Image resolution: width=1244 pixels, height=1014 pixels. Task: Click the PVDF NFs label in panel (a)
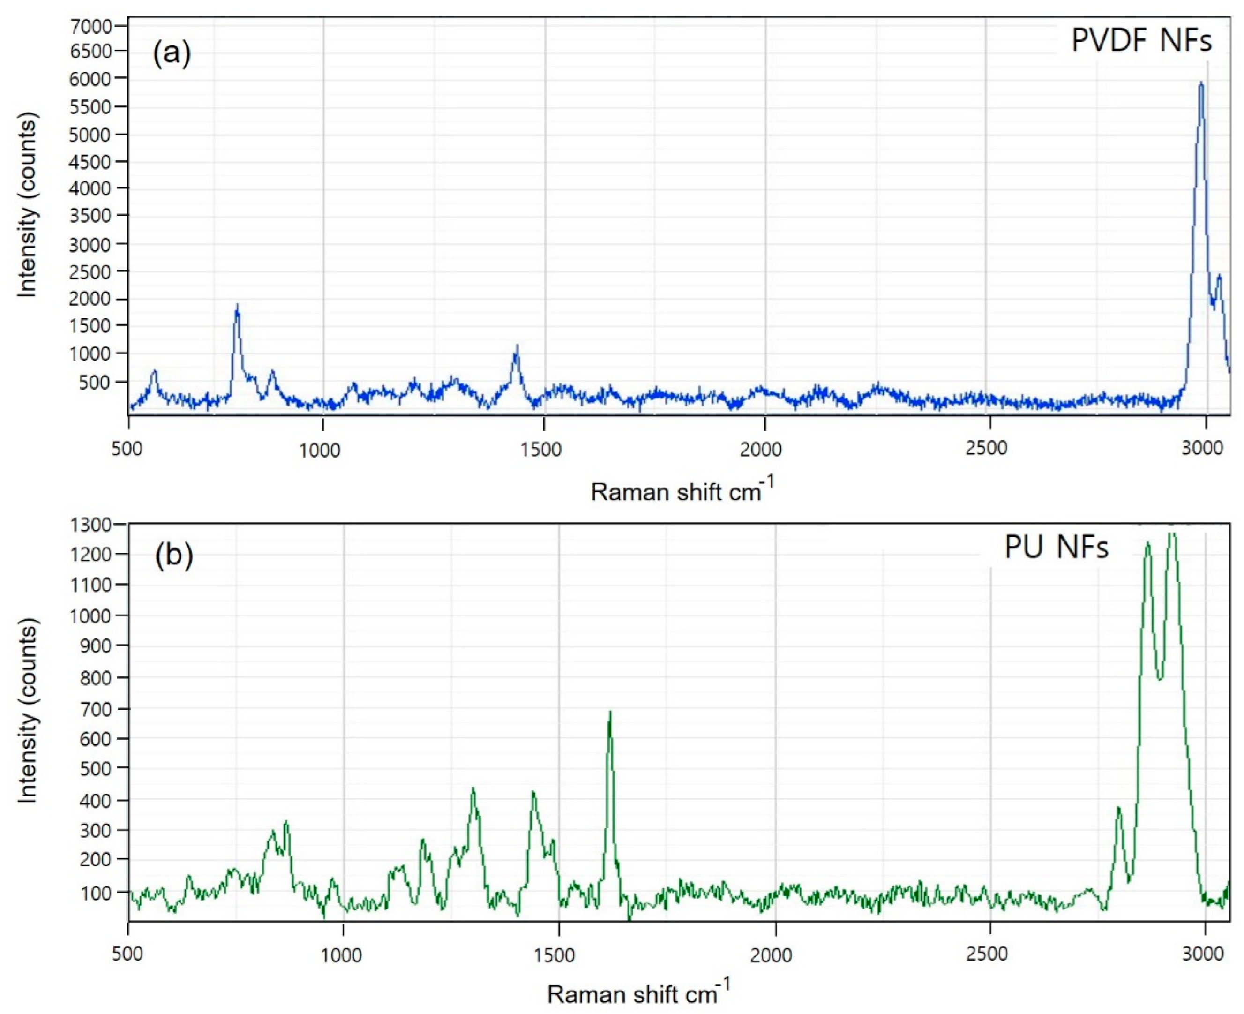point(1141,41)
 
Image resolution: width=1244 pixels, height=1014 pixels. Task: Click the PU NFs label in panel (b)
point(1056,548)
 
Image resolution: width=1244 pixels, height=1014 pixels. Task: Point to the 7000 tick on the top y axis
point(90,26)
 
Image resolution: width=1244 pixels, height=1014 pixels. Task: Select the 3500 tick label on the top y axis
point(90,216)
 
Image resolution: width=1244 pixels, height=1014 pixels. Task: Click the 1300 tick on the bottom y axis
point(90,525)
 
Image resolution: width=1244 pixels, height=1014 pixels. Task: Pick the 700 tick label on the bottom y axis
point(95,709)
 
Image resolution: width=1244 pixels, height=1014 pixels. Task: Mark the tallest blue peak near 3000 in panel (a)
point(1201,83)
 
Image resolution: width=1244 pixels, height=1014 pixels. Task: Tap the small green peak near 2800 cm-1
point(1118,808)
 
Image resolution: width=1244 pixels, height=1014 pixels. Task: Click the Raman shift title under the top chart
point(682,491)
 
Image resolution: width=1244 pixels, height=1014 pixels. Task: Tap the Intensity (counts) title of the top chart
point(28,204)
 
